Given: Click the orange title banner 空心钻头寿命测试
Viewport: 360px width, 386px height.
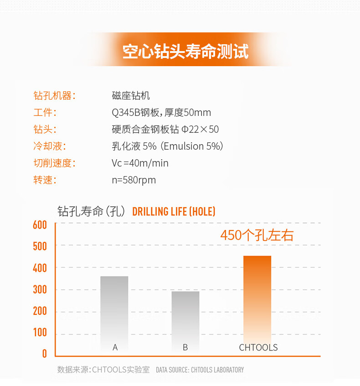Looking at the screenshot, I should [x=185, y=52].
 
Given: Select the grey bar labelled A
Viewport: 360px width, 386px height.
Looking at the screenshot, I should [x=114, y=310].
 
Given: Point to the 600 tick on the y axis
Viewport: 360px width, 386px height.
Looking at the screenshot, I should [x=40, y=225].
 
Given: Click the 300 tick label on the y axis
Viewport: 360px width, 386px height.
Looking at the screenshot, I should [x=40, y=290].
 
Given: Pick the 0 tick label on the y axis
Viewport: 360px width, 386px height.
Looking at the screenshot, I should [x=44, y=354].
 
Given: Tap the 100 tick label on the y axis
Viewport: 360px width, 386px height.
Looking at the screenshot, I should [x=40, y=333].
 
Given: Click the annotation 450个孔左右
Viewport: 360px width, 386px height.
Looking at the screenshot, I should [x=257, y=235].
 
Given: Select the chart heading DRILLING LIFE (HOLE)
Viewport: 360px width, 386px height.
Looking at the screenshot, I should [x=174, y=212].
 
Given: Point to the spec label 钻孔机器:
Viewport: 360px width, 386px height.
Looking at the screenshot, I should [x=54, y=96].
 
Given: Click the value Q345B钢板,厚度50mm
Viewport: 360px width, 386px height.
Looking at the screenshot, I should [x=161, y=113].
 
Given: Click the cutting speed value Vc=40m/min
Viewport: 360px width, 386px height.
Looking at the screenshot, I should [x=140, y=163].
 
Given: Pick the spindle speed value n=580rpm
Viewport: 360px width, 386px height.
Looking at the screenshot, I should [x=134, y=180].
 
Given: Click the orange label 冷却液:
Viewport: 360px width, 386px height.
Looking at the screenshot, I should [x=49, y=146].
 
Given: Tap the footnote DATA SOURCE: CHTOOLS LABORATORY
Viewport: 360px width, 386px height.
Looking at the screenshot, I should [x=200, y=370].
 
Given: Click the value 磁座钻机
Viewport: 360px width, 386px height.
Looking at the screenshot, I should [x=131, y=96].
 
